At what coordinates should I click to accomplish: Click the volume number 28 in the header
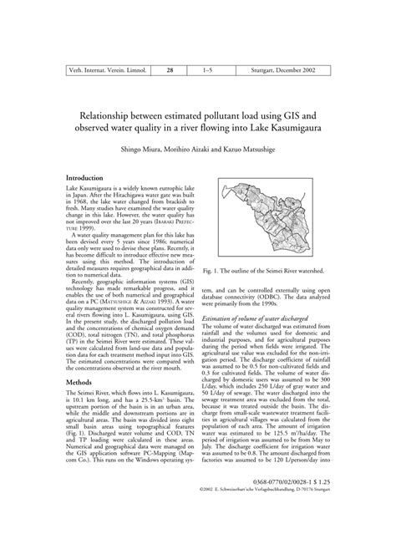(170, 73)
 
